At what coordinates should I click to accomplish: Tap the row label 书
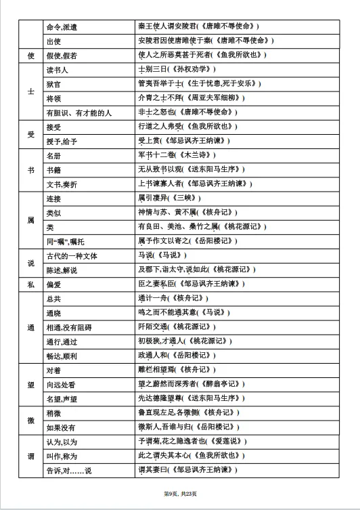pos(31,169)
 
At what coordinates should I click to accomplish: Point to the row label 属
pos(31,221)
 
